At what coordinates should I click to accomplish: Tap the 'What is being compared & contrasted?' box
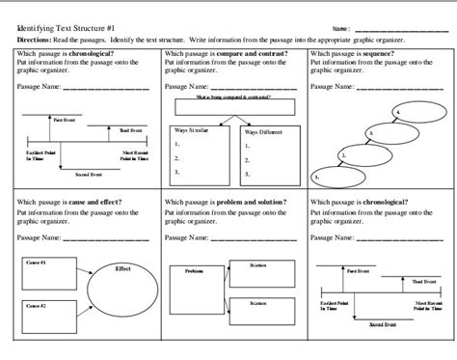coord(230,101)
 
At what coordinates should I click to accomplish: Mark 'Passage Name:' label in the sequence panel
coord(332,87)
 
